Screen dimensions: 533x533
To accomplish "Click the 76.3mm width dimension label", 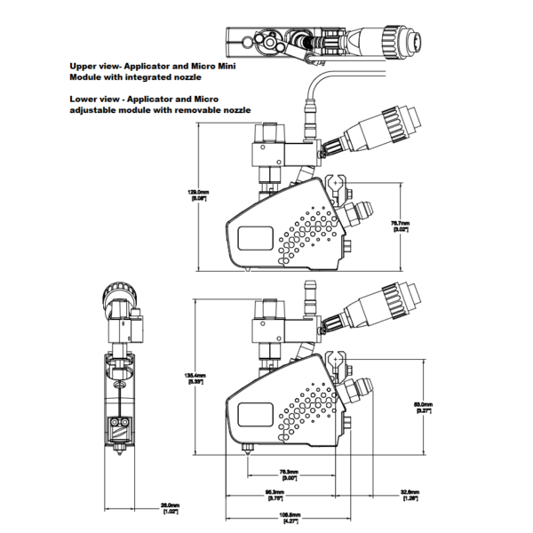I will tap(289, 473).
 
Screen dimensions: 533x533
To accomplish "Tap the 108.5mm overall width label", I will tap(290, 517).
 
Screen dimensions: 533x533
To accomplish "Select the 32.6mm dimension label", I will tap(411, 494).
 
